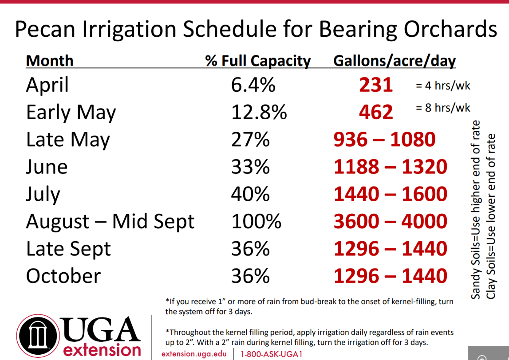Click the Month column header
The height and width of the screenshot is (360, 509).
point(50,61)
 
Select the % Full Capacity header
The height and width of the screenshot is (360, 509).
point(258,61)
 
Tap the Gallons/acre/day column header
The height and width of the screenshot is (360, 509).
point(395,61)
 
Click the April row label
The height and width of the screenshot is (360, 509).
point(47,85)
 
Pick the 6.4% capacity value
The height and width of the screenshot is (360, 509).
point(253,85)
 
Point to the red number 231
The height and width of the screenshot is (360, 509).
point(376,85)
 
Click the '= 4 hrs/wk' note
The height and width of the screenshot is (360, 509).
point(443,86)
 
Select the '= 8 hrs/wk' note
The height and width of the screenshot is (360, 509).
point(443,108)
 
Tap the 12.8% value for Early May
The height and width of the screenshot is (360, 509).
point(259,112)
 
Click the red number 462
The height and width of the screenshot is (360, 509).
point(376,112)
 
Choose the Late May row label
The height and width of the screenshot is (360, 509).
point(68,140)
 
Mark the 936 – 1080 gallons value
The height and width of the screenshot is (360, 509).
point(384,140)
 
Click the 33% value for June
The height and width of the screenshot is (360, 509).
point(250,167)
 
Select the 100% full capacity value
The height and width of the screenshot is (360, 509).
point(256,222)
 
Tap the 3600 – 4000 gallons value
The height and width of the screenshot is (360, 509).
point(391,221)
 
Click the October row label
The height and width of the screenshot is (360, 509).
point(63,276)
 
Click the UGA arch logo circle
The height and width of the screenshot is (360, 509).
point(38,336)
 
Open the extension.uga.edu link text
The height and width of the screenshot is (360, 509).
point(194,354)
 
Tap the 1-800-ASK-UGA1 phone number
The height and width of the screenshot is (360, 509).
point(272,354)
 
